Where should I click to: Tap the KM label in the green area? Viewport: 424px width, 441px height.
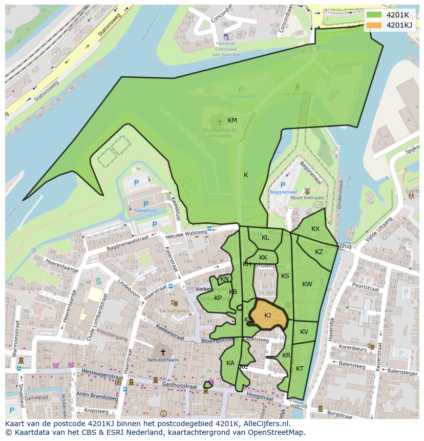232,120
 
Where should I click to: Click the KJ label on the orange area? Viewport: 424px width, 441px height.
267,315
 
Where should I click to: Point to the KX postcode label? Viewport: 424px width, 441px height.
315,229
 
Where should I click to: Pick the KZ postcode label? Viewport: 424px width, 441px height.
319,252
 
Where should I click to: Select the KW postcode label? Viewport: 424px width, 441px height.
307,284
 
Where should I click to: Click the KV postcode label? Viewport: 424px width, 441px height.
304,332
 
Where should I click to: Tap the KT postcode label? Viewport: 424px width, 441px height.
300,369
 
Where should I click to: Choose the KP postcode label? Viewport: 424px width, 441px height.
218,298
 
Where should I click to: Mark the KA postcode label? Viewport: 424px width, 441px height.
230,363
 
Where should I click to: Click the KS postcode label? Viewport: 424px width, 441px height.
285,276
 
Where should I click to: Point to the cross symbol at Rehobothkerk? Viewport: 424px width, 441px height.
163,352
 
